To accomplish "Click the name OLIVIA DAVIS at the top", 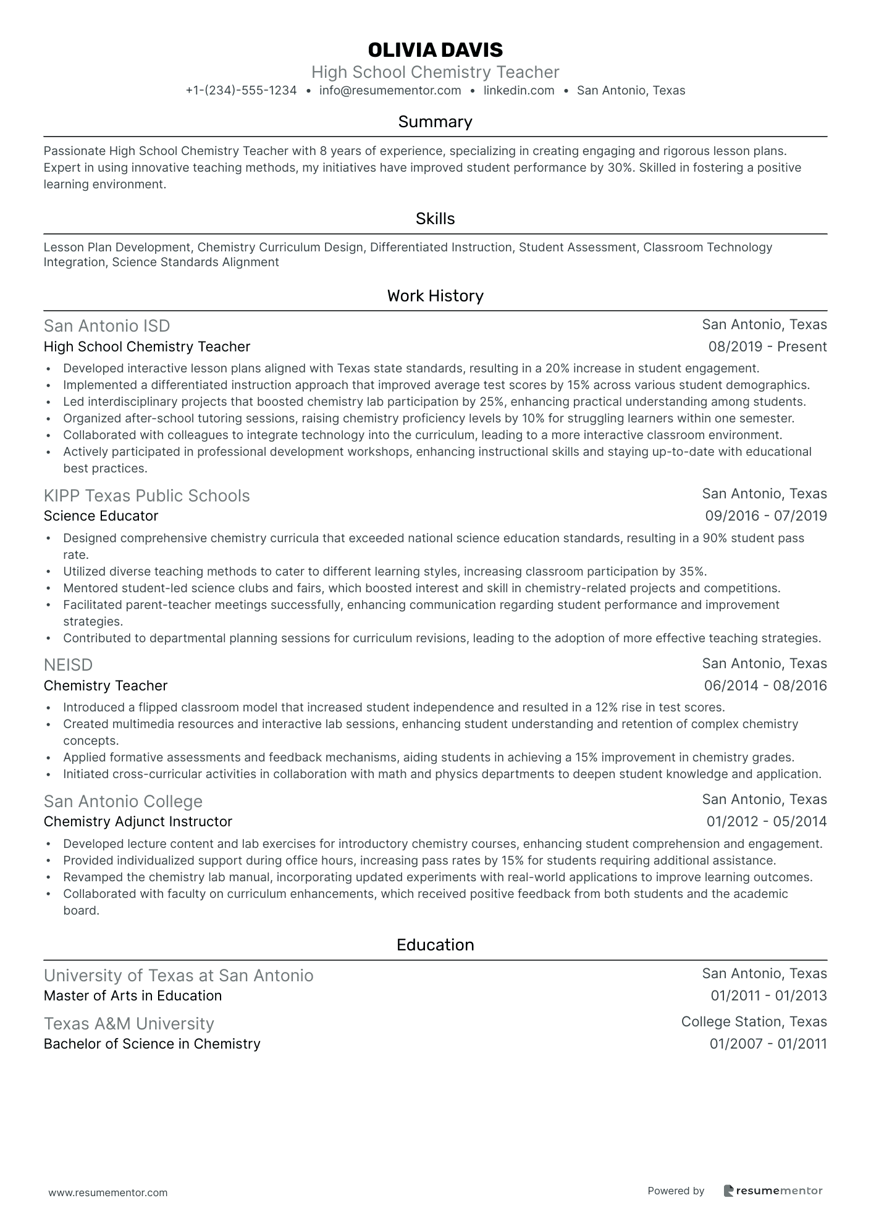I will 435,50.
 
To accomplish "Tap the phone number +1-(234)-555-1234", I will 241,91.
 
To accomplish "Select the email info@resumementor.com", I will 390,91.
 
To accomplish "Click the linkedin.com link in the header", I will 519,91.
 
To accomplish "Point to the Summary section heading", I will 435,122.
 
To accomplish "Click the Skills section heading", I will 435,219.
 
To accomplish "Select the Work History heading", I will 435,296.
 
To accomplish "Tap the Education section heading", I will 435,945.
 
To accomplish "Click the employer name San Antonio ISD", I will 107,326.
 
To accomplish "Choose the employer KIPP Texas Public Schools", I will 147,496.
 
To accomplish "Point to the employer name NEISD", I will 68,665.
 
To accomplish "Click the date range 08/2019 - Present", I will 767,347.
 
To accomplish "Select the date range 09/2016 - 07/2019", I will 765,516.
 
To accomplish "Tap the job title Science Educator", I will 101,516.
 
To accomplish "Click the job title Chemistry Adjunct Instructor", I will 138,822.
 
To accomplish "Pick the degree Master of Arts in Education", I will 133,996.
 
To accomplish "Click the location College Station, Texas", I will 754,1022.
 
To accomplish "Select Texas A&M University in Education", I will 129,1024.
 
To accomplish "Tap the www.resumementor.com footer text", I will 108,1193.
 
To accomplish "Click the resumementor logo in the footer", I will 773,1191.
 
